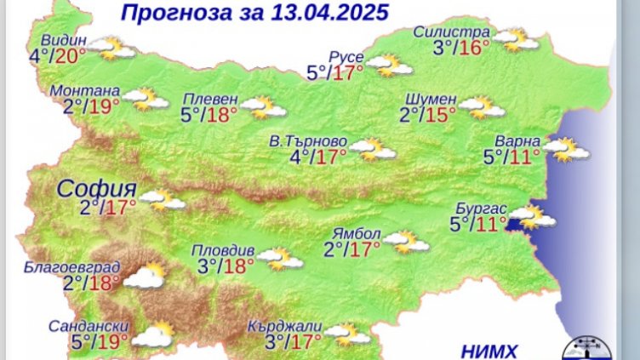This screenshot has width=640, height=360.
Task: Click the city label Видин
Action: (62, 40)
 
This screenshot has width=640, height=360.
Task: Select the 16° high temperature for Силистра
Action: (474, 49)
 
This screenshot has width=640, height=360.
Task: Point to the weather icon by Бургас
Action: (534, 219)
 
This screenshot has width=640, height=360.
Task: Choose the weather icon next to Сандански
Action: (151, 335)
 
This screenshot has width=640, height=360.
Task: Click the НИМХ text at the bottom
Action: (489, 350)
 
